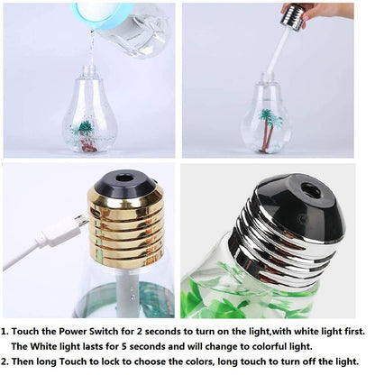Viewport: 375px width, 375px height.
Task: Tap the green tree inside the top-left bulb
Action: [x=84, y=129]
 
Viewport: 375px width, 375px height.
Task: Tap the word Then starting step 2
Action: [x=29, y=361]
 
